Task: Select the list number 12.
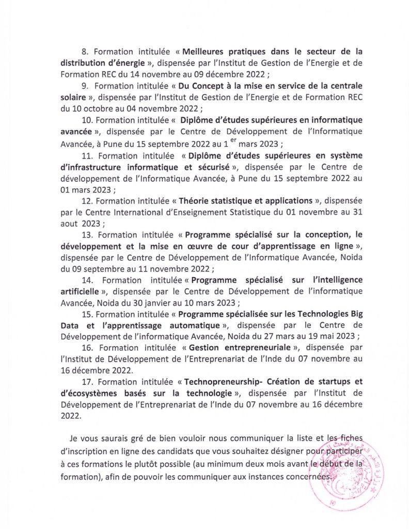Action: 87,200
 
